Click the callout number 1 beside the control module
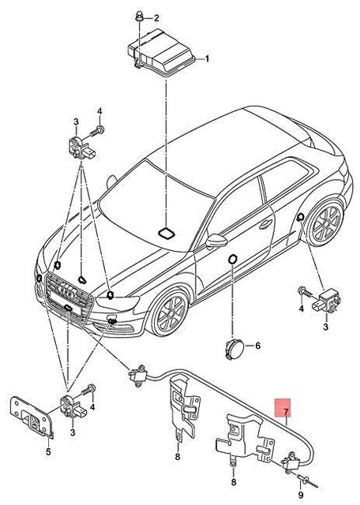208,59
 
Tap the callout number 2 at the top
156,17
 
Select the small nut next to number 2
137,15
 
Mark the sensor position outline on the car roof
168,233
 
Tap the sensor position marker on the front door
234,260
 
